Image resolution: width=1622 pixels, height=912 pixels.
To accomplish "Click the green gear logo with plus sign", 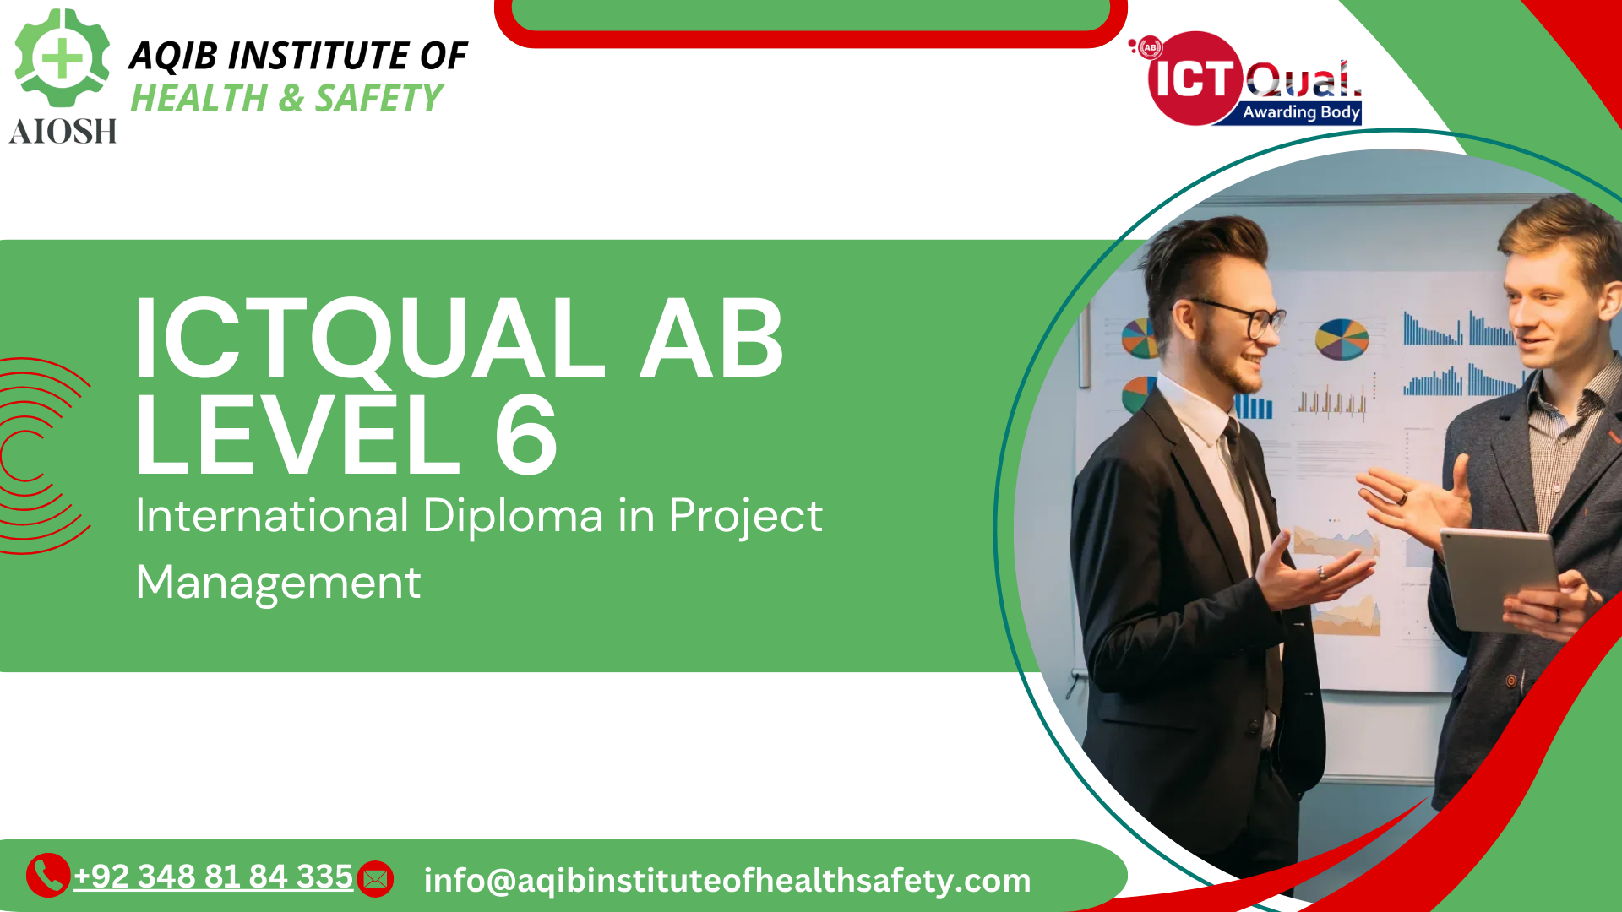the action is point(62,57).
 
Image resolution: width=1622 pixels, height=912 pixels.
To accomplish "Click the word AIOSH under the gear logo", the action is point(63,131).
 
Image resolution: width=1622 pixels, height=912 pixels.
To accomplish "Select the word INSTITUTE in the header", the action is point(319,56).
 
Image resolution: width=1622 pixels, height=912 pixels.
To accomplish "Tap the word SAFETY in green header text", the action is point(378,99).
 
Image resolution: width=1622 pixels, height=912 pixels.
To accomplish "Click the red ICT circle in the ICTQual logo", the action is point(1194,79).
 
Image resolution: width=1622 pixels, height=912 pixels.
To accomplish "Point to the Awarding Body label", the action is point(1301,111).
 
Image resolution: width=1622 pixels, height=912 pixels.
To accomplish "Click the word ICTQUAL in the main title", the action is point(369,338).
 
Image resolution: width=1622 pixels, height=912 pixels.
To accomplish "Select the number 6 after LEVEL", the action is point(525,436).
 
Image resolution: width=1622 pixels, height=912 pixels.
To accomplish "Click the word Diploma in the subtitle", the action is point(513,515).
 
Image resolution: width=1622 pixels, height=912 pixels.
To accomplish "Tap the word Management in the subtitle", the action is point(278,583).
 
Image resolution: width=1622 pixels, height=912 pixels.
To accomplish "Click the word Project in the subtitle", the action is point(745,516).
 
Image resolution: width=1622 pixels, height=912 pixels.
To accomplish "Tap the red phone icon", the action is point(48,875).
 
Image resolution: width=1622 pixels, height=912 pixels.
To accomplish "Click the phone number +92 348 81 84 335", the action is point(214,877).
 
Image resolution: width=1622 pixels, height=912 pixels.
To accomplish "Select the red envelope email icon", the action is point(375,879).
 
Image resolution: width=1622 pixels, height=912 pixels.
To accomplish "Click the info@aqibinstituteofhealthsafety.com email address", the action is point(727,880).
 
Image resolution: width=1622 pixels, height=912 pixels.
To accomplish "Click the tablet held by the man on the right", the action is point(1500,578).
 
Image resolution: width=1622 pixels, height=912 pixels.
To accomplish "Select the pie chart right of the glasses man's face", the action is point(1342,339).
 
